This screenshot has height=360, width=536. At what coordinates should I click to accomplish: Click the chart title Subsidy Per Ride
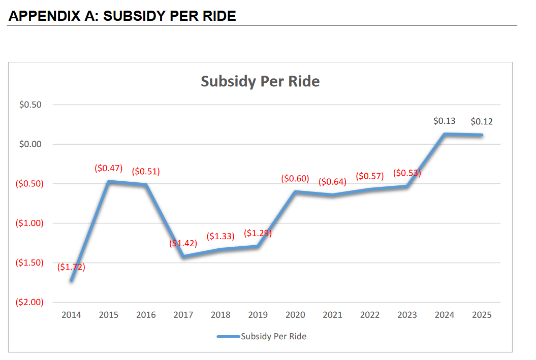260,81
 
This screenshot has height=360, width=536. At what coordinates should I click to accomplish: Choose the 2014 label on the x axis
71,315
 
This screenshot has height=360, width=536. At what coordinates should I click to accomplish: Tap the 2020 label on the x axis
295,315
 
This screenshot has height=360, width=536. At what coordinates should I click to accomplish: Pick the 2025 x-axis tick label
482,315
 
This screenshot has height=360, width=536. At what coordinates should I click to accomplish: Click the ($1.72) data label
71,267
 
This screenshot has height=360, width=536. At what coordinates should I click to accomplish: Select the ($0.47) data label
109,168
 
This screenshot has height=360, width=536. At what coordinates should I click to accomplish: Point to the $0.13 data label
444,121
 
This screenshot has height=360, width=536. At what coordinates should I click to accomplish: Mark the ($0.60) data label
295,179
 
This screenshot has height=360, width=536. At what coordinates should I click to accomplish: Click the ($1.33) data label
220,236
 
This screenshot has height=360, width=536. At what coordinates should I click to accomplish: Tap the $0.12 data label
482,121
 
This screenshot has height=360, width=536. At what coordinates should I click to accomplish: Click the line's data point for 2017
183,256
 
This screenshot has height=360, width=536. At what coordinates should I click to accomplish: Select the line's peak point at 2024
445,134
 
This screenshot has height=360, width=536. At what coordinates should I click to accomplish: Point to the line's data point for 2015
109,181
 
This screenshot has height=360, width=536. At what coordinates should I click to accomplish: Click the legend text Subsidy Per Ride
273,336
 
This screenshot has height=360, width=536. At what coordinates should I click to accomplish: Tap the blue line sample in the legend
228,336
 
